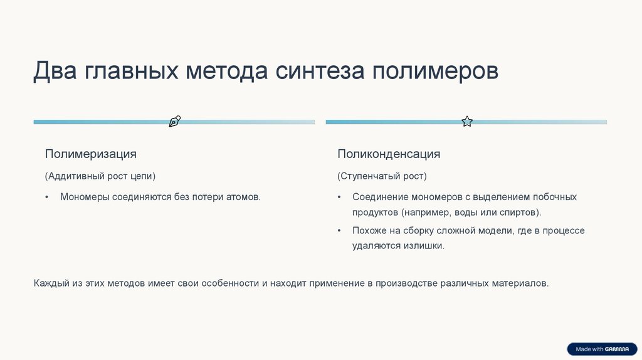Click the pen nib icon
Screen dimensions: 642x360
175,122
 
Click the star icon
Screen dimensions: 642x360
467,122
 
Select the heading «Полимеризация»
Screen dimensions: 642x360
90,154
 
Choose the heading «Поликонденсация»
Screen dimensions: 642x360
389,154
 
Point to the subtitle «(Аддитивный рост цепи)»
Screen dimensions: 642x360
100,176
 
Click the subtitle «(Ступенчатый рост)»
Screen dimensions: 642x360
382,176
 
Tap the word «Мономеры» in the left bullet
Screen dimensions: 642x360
85,197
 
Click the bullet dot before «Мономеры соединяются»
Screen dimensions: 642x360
46,198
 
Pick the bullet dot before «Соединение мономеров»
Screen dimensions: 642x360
339,198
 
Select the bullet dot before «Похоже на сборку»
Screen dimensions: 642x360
339,231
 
